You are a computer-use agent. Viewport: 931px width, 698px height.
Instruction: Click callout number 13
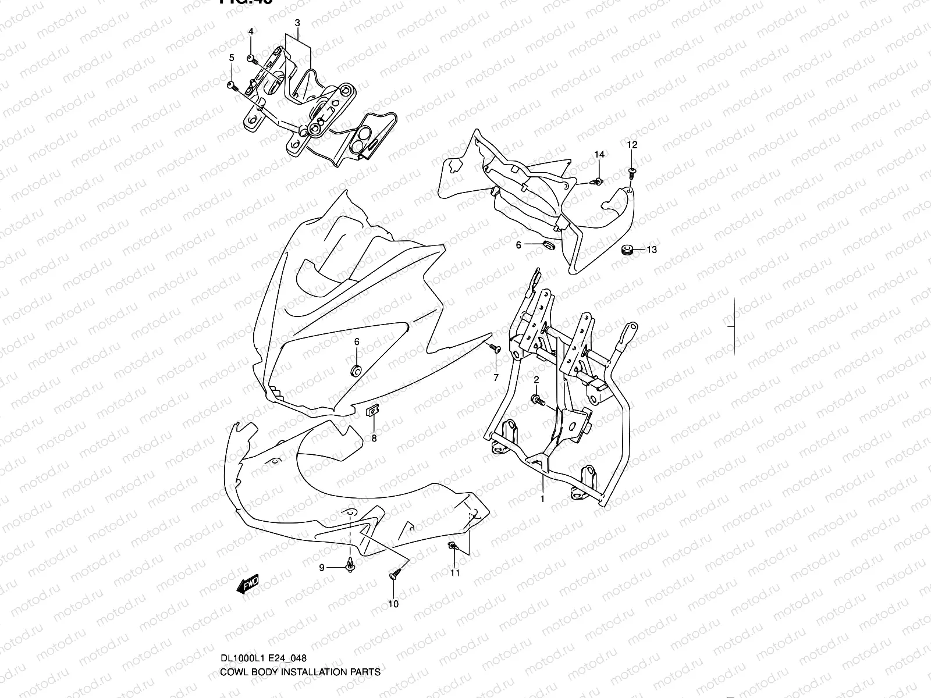[x=652, y=250]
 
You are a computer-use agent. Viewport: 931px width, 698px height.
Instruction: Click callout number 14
[x=599, y=154]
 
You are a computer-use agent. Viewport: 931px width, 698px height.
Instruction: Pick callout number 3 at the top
[x=297, y=23]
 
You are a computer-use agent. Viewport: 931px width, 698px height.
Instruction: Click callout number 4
[x=251, y=31]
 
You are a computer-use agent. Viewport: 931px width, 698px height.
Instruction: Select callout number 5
[x=231, y=58]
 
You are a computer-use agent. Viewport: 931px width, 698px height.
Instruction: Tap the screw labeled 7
[x=495, y=348]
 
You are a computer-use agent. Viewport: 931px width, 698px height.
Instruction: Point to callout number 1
[x=542, y=499]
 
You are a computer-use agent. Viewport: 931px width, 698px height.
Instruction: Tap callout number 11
[x=455, y=573]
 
